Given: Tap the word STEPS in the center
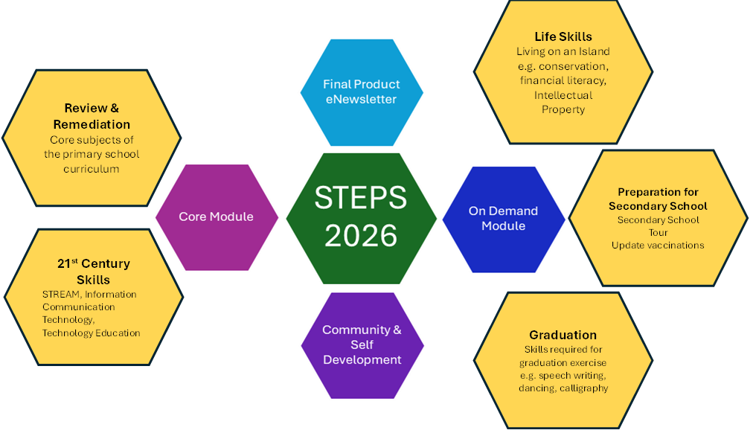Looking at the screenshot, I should tap(361, 199).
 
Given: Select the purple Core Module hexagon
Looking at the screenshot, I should tap(216, 216).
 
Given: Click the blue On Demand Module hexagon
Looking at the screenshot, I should tap(503, 218).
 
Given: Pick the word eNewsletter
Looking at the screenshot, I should tap(361, 99).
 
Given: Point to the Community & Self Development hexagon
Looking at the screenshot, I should tap(362, 344).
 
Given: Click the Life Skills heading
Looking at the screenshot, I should tap(563, 36).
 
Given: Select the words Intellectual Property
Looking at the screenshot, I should tap(563, 102).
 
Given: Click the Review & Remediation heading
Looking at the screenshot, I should tap(92, 116).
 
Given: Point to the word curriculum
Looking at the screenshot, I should tap(92, 169).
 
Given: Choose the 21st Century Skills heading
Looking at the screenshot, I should tap(93, 272).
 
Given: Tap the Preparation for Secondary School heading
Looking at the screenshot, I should tap(658, 199).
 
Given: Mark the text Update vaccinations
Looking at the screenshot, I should tap(658, 245).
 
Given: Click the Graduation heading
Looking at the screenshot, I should tap(563, 335).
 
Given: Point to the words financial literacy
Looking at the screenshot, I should tap(563, 80).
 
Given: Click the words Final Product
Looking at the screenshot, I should tap(361, 84).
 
